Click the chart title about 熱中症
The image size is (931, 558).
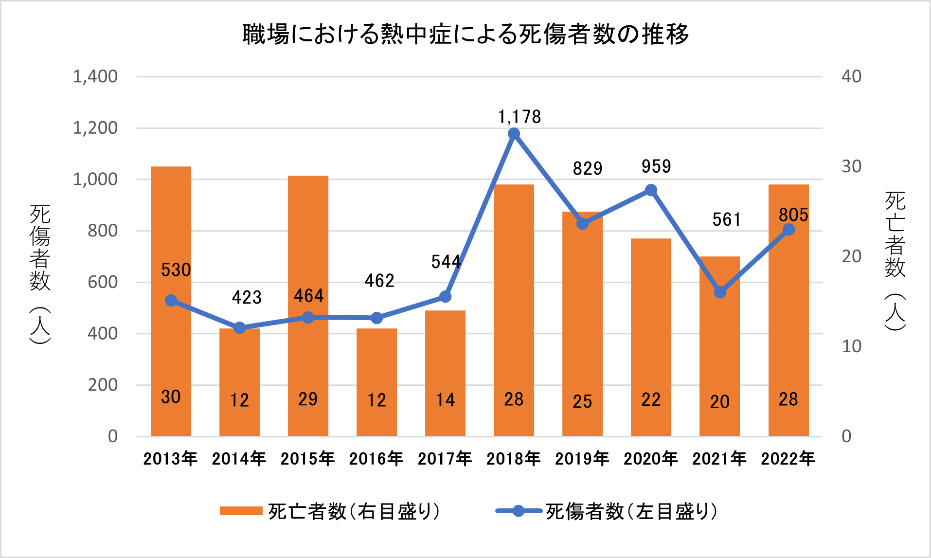(x=465, y=34)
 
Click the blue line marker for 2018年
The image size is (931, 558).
(x=514, y=134)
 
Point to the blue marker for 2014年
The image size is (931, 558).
(x=239, y=328)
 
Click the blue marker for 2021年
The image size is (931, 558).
(x=720, y=292)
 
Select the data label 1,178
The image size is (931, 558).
(x=519, y=117)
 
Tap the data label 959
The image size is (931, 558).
(x=656, y=166)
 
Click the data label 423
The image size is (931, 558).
(x=246, y=297)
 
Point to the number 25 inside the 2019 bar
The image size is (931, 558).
(x=582, y=401)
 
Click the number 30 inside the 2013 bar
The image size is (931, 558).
(x=171, y=397)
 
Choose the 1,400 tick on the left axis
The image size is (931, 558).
(x=95, y=76)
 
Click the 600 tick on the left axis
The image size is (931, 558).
(x=103, y=282)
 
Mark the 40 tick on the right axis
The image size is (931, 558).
(x=851, y=76)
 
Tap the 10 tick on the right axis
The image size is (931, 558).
(x=851, y=346)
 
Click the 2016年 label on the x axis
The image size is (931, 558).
(x=376, y=458)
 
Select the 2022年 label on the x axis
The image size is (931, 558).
(x=788, y=458)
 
